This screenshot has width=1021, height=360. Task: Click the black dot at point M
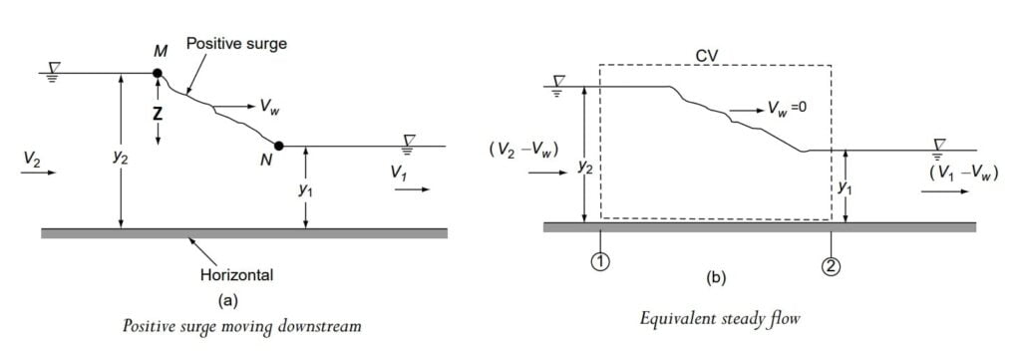tap(157, 74)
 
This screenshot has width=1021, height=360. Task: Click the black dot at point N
tap(280, 147)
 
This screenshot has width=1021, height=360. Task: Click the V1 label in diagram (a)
tap(401, 174)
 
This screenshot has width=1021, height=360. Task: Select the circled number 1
tap(601, 264)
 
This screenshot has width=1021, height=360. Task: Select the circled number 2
tap(831, 264)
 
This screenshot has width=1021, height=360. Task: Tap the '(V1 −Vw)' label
tap(962, 174)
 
